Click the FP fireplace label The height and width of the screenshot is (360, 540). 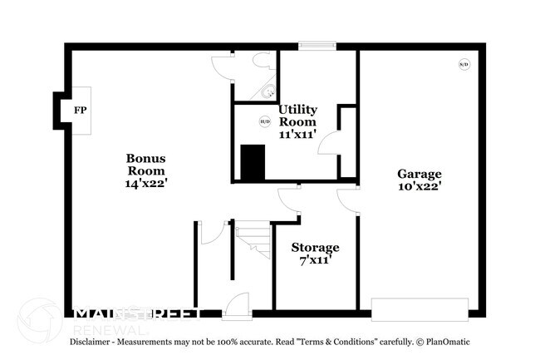tap(81, 111)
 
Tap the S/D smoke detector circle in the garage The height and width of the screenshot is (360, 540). tap(464, 64)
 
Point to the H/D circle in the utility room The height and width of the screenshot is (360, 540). tap(265, 121)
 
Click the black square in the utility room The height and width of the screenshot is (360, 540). tap(253, 162)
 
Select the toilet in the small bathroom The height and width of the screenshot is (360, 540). tap(262, 60)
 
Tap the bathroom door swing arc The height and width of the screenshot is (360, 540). tap(222, 65)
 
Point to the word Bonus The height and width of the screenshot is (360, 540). tap(146, 158)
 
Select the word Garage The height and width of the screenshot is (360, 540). tap(419, 174)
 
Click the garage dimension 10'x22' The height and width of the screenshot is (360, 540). tap(419, 187)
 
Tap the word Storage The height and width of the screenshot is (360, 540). tap(315, 248)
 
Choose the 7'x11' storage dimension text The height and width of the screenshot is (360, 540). tap(315, 261)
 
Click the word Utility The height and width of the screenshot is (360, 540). tap(297, 110)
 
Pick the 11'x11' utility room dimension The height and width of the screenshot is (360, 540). tap(297, 135)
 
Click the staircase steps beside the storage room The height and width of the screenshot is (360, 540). tap(254, 240)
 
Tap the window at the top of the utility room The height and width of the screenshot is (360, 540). tap(312, 47)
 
